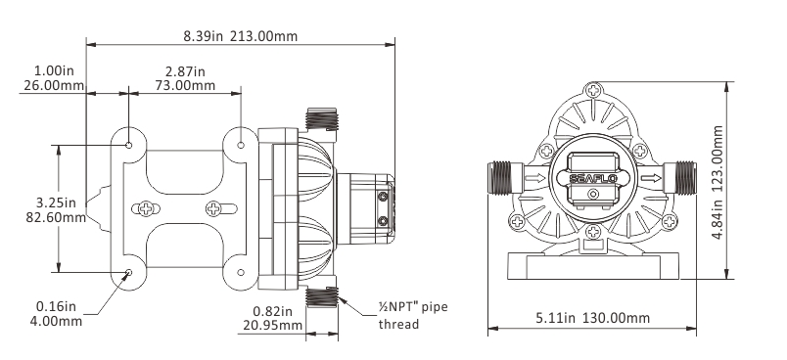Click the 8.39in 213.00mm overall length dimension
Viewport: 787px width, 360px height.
click(241, 36)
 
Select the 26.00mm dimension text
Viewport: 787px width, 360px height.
click(54, 85)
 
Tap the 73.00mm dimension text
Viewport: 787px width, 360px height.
click(185, 85)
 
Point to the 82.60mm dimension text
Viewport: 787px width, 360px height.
click(56, 217)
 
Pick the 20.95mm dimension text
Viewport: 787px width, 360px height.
click(272, 326)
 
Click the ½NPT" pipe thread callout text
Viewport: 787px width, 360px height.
click(412, 315)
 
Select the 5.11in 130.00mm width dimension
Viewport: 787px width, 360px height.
click(593, 318)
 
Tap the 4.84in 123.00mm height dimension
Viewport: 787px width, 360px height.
click(718, 183)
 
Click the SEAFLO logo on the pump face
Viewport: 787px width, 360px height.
click(593, 178)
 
